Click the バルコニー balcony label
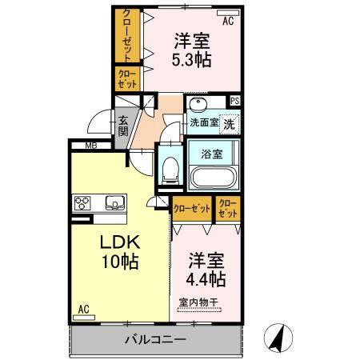coord(155,339)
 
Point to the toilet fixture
coord(169,169)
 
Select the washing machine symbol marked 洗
coord(229,124)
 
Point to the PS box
coord(235,101)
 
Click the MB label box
coord(92,146)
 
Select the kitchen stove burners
coord(83,202)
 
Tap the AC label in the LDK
coord(83,308)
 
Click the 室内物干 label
coord(198,302)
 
